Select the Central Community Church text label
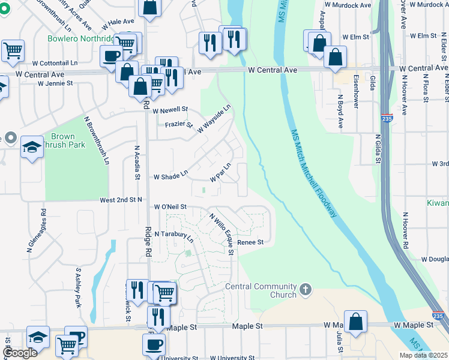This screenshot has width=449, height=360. [x=261, y=290]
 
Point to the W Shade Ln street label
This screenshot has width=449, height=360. [x=170, y=177]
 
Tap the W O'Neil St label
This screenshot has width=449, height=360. [x=170, y=206]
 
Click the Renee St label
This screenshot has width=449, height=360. [x=250, y=242]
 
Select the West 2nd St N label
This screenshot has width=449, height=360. [x=121, y=199]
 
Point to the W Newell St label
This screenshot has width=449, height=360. [x=170, y=110]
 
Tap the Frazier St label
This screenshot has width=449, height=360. [x=179, y=125]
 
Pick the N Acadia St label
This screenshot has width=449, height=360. [x=137, y=163]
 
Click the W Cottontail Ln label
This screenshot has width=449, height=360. [x=55, y=62]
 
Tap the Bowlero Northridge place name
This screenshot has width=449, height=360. [x=82, y=38]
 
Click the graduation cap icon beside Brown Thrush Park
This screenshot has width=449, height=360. [x=32, y=146]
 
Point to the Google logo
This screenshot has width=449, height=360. [x=19, y=353]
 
